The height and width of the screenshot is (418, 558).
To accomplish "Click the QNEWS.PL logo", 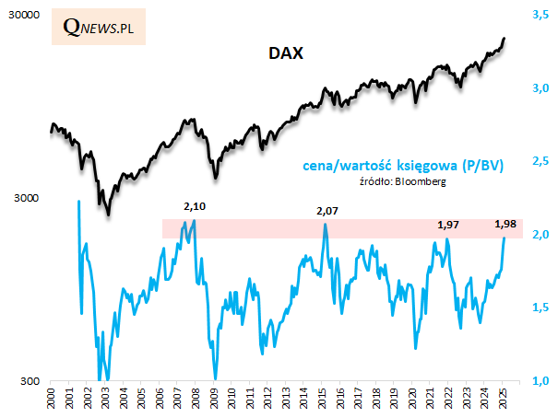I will [99, 28].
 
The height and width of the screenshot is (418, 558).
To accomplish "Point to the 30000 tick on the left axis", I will [22, 17].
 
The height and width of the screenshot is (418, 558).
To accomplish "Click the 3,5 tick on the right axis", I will [540, 15].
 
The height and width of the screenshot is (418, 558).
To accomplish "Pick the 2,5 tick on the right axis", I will [540, 161].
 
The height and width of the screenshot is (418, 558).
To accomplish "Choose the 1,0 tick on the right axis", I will [540, 381].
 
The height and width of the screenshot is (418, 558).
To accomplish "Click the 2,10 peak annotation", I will [195, 206].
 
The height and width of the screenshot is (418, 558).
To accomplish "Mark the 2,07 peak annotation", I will [327, 212].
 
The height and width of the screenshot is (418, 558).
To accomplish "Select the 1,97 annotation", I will [446, 225].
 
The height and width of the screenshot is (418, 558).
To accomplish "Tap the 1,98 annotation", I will [505, 224].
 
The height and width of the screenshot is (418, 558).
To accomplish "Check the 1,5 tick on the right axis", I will [540, 308].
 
